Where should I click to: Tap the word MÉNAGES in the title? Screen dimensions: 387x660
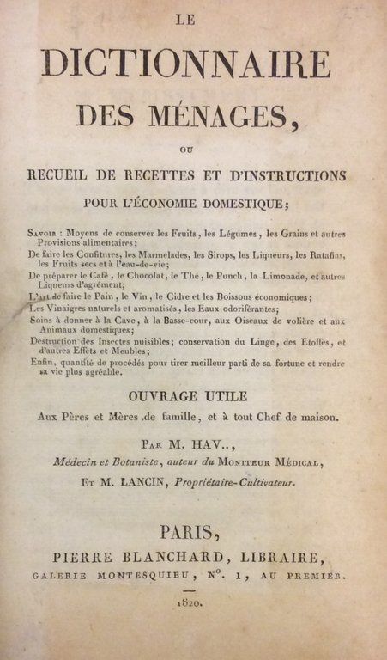click(x=226, y=115)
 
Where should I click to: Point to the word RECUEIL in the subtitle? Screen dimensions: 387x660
click(x=65, y=175)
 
